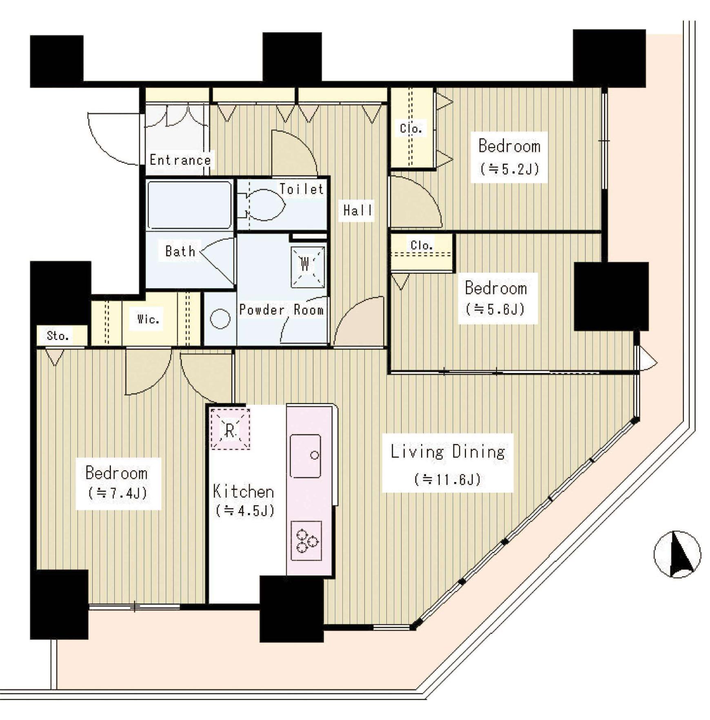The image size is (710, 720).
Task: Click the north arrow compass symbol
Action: [677, 554]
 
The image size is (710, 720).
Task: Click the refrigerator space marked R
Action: [230, 429]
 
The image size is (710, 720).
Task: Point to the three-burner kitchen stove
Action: [306, 540]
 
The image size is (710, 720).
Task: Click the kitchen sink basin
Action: [305, 456]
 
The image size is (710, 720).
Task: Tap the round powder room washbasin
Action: [220, 319]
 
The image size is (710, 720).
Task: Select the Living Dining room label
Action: [448, 452]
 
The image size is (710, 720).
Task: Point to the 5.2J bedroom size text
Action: [510, 169]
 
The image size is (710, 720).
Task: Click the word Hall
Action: [358, 210]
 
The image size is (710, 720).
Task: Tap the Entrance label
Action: [180, 160]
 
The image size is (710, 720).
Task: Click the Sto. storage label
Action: [58, 336]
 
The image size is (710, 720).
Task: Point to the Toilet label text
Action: [302, 189]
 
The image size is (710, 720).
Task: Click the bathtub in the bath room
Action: [189, 205]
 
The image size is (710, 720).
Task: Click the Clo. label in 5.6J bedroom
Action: [422, 245]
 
